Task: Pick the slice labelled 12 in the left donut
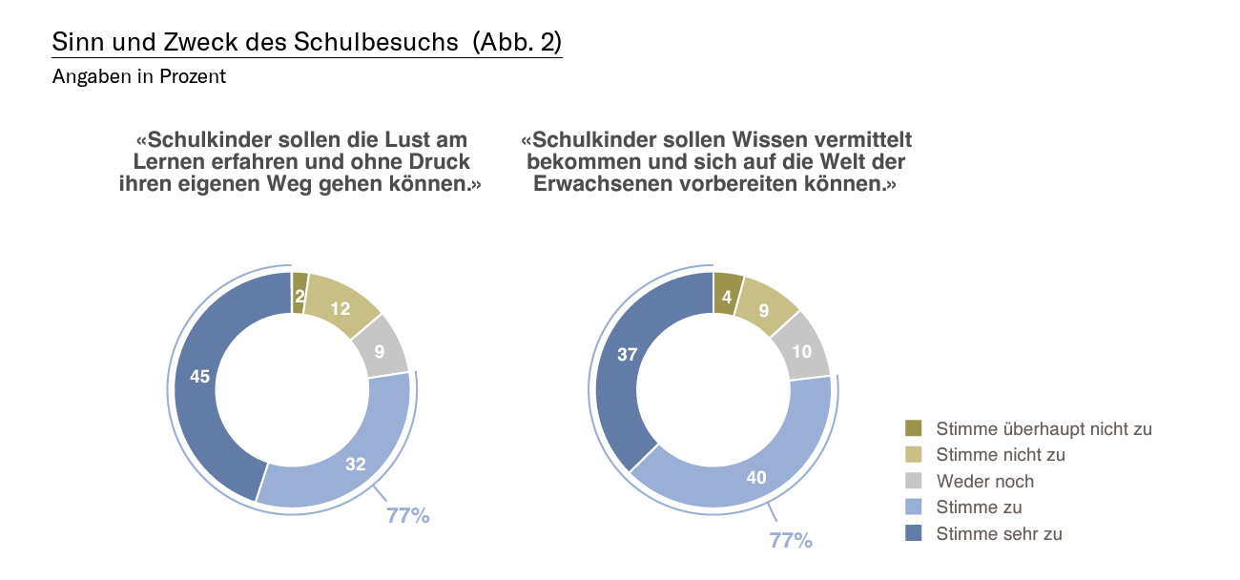click(339, 307)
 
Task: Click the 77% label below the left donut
click(408, 516)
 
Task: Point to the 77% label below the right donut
click(791, 541)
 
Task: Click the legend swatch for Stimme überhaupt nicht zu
click(914, 428)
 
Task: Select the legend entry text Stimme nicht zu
click(1001, 455)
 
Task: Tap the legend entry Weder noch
click(985, 481)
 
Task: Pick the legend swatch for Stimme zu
click(914, 507)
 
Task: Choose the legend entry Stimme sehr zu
click(999, 533)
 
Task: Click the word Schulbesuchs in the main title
click(386, 42)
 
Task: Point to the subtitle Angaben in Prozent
click(139, 77)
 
